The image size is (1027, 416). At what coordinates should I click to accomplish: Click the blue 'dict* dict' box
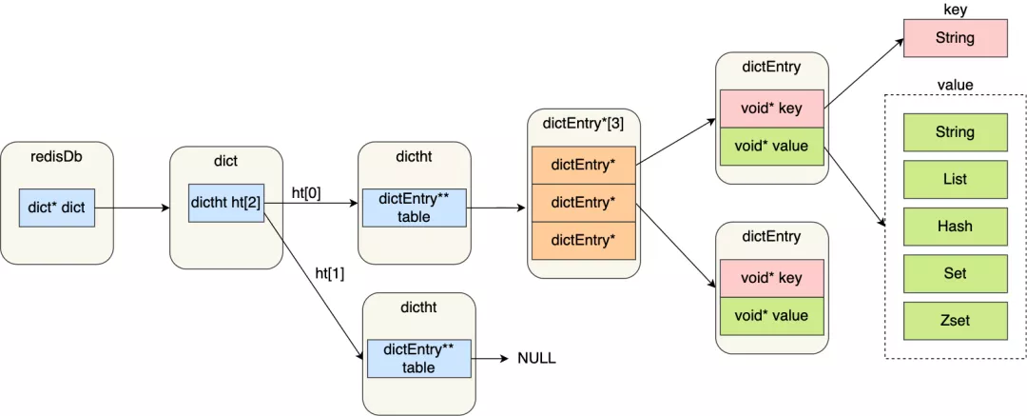coord(57,208)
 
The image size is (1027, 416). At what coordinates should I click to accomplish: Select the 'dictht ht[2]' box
coord(226,203)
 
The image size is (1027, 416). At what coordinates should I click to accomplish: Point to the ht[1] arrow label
coord(330,273)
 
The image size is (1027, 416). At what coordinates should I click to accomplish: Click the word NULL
coord(536,358)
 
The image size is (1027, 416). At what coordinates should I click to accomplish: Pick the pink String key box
coord(955,38)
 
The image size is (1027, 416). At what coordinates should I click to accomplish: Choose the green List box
coord(955,179)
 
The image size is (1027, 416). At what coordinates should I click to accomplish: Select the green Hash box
coord(955,227)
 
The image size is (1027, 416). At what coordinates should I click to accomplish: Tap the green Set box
coord(955,273)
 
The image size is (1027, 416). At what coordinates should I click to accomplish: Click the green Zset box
coord(955,321)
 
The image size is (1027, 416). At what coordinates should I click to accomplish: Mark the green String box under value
coord(955,132)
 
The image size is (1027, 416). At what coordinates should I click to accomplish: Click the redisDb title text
coord(57,157)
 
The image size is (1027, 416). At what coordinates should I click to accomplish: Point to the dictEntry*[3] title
coord(583,124)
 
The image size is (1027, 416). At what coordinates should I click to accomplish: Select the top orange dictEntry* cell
coord(584,165)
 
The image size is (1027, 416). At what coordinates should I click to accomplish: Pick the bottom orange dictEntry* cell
coord(584,240)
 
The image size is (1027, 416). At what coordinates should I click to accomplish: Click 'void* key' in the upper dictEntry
coord(771,109)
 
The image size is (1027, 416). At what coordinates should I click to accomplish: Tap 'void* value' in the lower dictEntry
coord(771,316)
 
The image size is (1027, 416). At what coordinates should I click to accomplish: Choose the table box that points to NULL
coord(419,358)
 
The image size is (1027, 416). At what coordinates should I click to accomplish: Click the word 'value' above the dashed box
coord(955,85)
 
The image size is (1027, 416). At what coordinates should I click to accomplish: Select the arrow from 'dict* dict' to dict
coord(132,208)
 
